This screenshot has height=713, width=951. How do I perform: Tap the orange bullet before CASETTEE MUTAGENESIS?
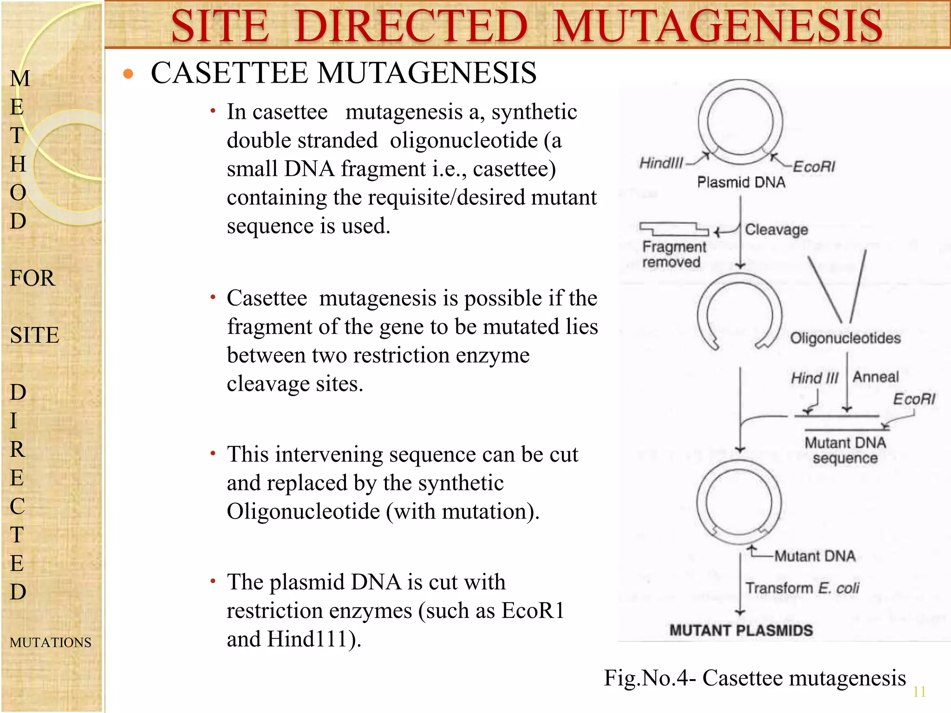(128, 74)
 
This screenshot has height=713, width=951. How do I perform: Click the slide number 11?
(919, 692)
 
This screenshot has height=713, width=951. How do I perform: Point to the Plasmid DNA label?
(741, 182)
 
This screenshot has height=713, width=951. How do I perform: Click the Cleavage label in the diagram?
(776, 229)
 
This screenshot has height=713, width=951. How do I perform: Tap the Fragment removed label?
(673, 254)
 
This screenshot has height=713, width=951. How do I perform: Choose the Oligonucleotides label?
(845, 338)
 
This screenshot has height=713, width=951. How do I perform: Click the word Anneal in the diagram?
(875, 377)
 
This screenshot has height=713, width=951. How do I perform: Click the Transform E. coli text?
(802, 588)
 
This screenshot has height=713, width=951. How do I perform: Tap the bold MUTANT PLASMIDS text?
(741, 630)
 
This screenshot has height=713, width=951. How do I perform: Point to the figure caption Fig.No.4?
(755, 678)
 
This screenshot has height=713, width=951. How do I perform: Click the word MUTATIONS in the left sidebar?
(50, 642)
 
